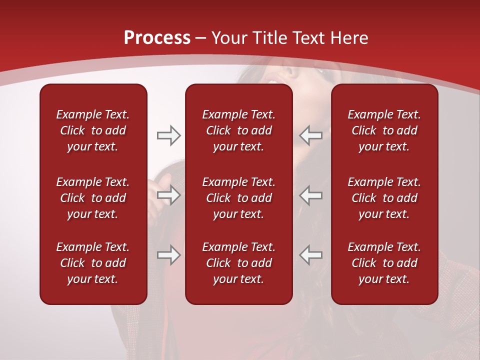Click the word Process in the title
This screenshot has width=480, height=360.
157,38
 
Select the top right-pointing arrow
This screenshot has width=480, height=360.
168,135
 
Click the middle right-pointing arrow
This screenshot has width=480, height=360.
168,195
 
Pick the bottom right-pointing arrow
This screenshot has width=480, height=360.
168,255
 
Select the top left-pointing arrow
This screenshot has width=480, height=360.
310,135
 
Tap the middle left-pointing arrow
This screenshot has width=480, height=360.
310,195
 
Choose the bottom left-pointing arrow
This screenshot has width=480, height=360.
310,255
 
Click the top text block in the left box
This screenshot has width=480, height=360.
93,130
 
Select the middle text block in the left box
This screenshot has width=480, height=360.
93,198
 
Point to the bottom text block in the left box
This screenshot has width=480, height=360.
93,263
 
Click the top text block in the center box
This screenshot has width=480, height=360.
238,130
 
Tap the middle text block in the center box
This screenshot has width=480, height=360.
238,198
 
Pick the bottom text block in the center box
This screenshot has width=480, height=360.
238,263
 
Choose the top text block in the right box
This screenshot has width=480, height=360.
384,130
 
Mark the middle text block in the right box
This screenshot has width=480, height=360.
384,198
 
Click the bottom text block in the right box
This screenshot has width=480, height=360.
384,263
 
